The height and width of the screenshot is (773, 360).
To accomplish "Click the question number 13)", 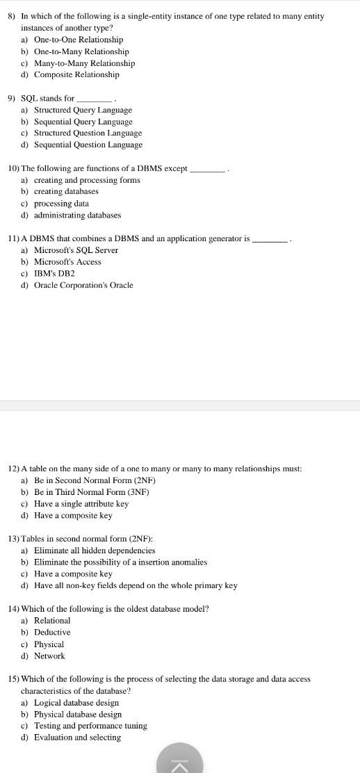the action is tap(14, 539).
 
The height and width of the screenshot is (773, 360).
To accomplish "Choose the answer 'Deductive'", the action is tap(52, 633).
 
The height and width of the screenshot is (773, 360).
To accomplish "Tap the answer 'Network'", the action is tap(49, 656).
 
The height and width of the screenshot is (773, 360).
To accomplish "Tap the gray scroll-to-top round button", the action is tap(179, 760).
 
